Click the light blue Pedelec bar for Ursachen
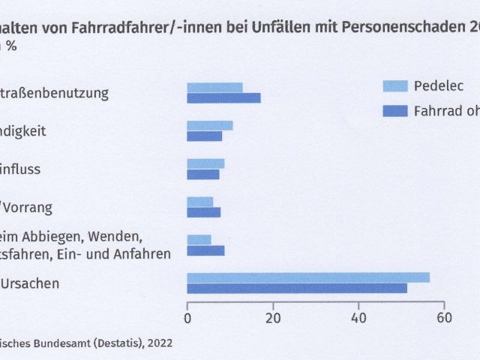coord(308,277)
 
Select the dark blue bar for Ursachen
coord(297,288)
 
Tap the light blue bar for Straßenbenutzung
coord(214,88)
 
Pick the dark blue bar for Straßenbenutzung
coord(223,98)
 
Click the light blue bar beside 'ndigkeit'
coord(209,125)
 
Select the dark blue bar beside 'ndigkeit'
coord(204,136)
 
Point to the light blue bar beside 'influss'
coord(205,163)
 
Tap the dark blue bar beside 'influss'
coord(203,174)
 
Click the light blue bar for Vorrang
coord(199,202)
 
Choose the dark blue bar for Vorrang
coord(203,212)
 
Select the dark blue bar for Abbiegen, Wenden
coord(205,250)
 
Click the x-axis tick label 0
coord(187,316)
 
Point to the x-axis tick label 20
coord(273,316)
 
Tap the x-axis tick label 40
coord(358,316)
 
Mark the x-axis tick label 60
coord(444,316)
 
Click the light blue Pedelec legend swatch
coord(395,85)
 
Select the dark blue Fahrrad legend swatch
coord(395,111)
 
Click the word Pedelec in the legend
coord(439,85)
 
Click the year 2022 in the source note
coord(159,344)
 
